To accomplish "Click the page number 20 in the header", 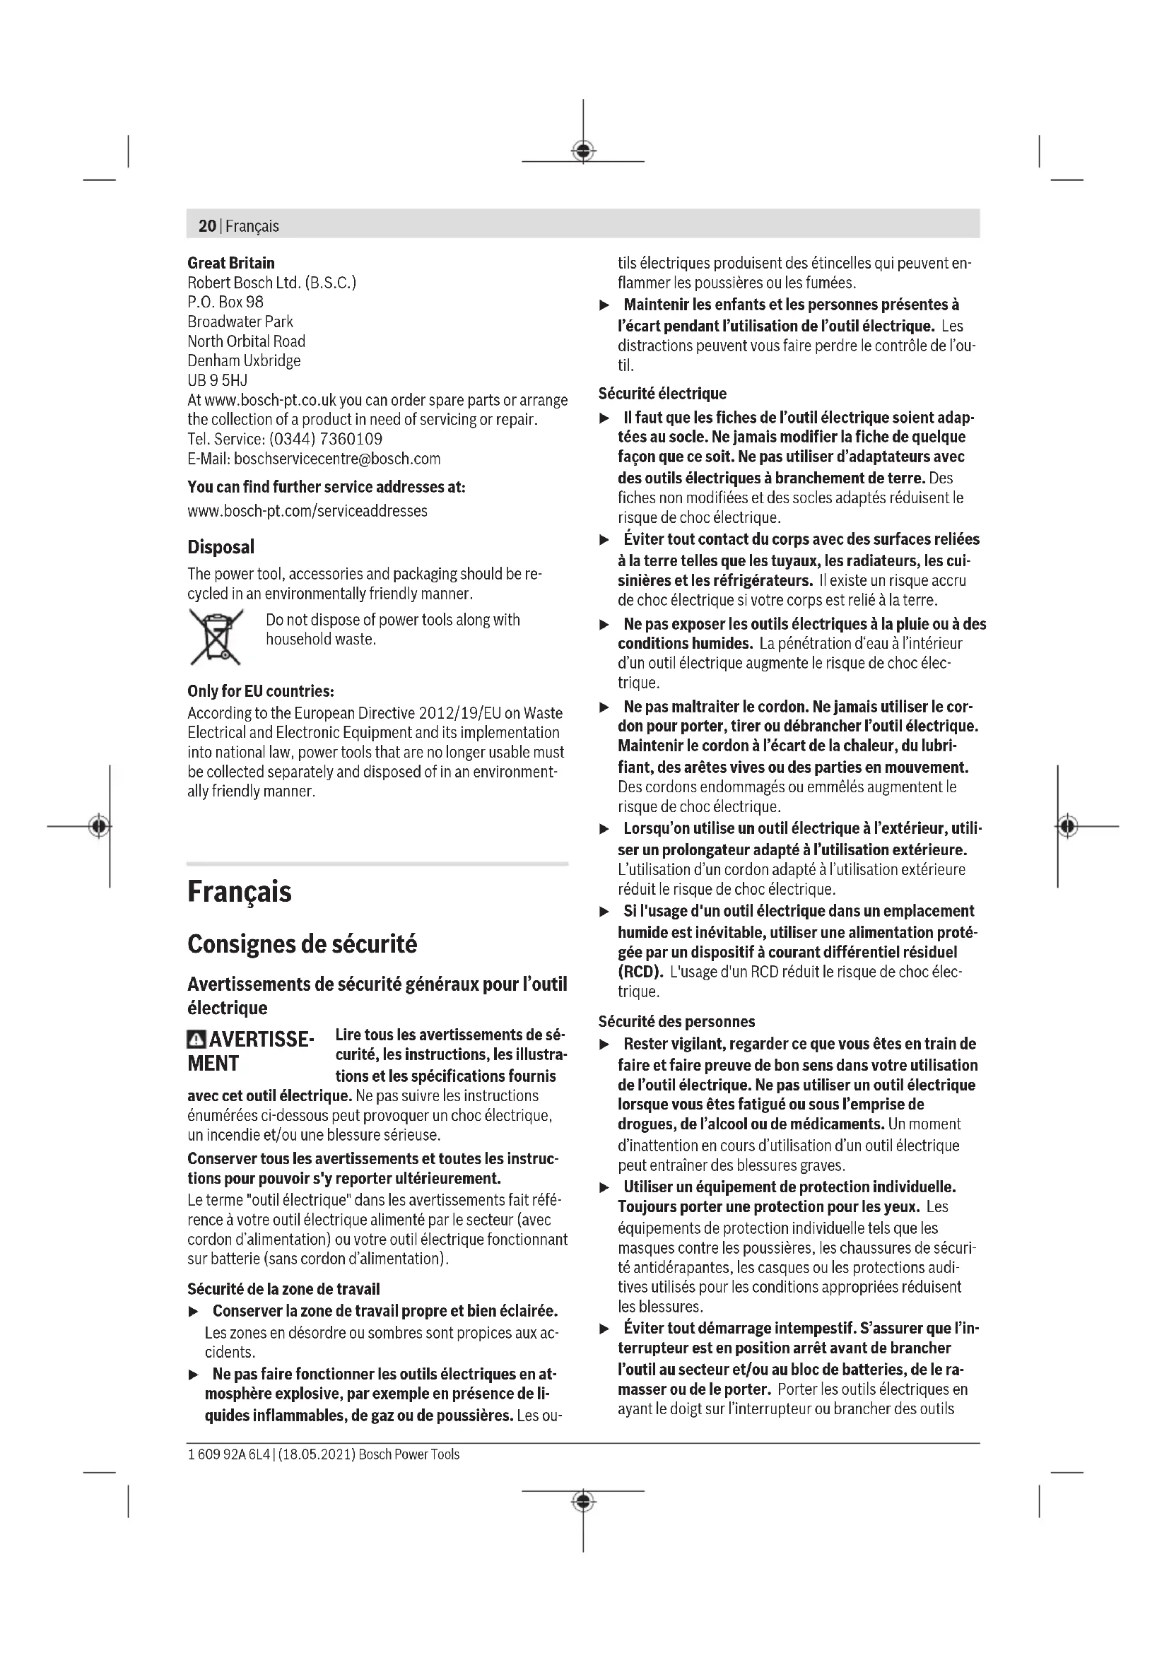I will [x=206, y=226].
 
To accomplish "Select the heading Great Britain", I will [x=231, y=263].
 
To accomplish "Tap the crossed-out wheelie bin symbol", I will [x=216, y=637].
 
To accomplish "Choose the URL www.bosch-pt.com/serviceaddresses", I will [x=307, y=511].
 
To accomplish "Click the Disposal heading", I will [x=221, y=547].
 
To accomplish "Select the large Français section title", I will [x=240, y=892].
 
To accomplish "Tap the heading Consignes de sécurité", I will [x=302, y=944].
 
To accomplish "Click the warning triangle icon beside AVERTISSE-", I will [x=196, y=1040].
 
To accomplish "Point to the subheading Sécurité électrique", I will [x=662, y=394].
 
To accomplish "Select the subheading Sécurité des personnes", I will [x=676, y=1022].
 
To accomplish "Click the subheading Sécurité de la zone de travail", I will [x=283, y=1289].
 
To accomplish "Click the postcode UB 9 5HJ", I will [x=218, y=380].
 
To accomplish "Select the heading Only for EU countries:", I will [x=261, y=691].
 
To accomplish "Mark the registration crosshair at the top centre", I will [x=583, y=151].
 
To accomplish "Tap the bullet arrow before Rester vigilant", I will [x=606, y=1045].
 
